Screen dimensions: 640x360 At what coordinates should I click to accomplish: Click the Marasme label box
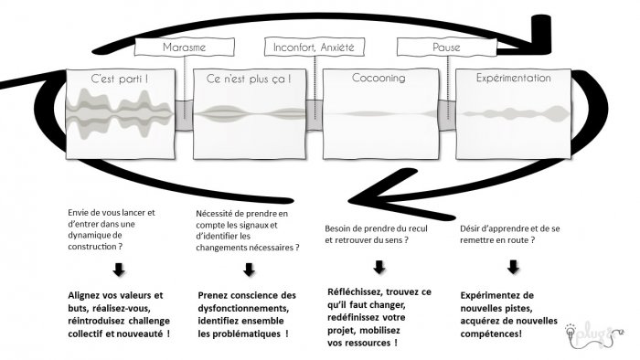(x=185, y=47)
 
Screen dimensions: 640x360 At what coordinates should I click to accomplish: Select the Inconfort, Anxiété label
(x=315, y=47)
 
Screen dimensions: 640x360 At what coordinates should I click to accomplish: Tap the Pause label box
(x=447, y=47)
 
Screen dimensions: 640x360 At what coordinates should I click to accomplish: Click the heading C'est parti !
(x=120, y=79)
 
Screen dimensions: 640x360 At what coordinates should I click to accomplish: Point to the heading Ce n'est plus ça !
(x=249, y=79)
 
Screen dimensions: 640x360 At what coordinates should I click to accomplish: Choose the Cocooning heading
(x=379, y=78)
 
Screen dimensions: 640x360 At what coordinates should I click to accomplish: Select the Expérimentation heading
(x=514, y=78)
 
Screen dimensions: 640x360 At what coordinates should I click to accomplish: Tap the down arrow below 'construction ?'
(x=119, y=270)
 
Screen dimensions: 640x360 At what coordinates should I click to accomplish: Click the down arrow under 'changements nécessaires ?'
(x=249, y=270)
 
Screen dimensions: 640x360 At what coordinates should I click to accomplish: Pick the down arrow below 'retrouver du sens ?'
(x=379, y=267)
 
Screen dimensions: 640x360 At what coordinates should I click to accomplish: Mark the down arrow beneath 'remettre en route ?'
(x=513, y=267)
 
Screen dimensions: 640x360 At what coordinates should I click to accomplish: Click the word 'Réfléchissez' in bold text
(x=355, y=291)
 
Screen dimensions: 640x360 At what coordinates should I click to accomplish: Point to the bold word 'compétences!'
(x=491, y=334)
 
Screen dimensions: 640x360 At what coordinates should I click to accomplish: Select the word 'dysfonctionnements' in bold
(x=243, y=308)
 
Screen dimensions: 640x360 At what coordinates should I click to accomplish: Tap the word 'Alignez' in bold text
(x=84, y=295)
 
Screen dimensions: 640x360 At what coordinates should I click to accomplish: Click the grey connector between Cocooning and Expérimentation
(x=447, y=115)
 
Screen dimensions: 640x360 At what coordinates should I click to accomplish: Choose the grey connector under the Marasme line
(x=184, y=115)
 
